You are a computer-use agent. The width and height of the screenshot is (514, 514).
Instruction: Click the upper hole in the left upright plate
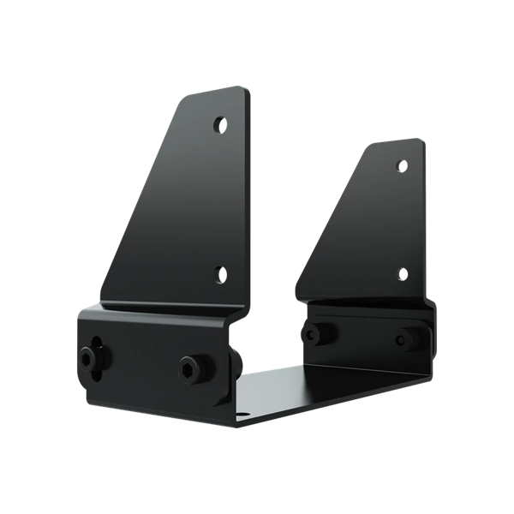[221, 124]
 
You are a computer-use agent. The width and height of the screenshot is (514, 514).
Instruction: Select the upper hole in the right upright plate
[400, 164]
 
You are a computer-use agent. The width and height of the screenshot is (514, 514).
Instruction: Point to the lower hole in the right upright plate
[401, 274]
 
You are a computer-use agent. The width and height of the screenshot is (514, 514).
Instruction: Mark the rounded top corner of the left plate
[244, 93]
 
